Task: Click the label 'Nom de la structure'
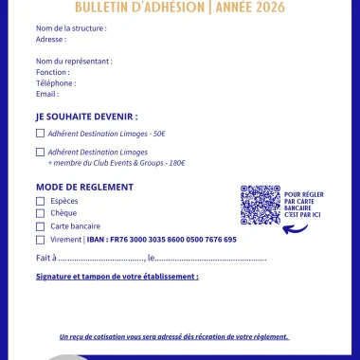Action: (x=71, y=29)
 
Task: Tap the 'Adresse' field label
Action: (x=51, y=40)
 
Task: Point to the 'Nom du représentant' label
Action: (x=74, y=61)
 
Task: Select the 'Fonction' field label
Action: (x=52, y=72)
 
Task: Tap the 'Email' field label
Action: (x=47, y=94)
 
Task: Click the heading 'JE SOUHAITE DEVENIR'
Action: (x=86, y=117)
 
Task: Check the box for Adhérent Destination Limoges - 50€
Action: (x=40, y=134)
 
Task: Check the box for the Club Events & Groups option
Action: (x=40, y=152)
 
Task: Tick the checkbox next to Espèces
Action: (x=40, y=201)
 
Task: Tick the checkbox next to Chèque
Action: (x=40, y=213)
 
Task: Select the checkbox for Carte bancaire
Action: (x=40, y=226)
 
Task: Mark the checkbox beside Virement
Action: (x=40, y=240)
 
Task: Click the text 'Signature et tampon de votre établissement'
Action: (x=117, y=277)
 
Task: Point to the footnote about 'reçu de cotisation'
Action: (x=173, y=336)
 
